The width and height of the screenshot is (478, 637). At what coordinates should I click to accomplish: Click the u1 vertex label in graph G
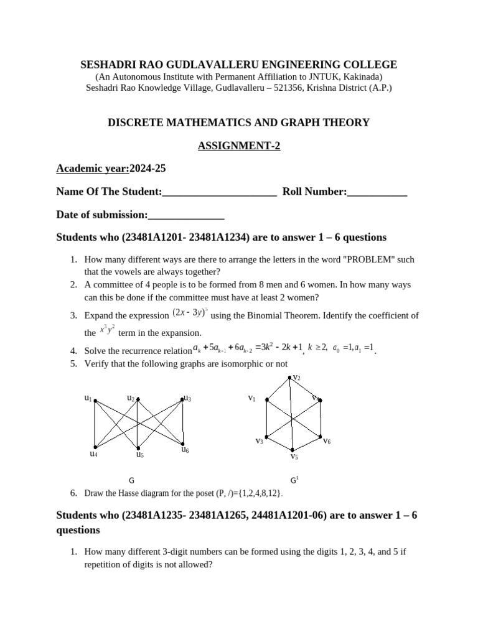(88, 398)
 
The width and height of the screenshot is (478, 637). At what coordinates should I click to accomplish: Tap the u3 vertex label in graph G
(187, 398)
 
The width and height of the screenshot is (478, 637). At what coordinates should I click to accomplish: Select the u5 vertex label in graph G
(140, 455)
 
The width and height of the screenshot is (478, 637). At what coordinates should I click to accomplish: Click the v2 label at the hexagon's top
(296, 378)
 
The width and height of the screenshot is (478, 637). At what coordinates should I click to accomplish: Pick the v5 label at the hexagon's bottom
(294, 457)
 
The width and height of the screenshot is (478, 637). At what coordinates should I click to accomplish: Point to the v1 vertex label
(251, 398)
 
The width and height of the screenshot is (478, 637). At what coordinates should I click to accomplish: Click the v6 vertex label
(327, 441)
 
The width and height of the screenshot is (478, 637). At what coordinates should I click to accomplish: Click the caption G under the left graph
(131, 480)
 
